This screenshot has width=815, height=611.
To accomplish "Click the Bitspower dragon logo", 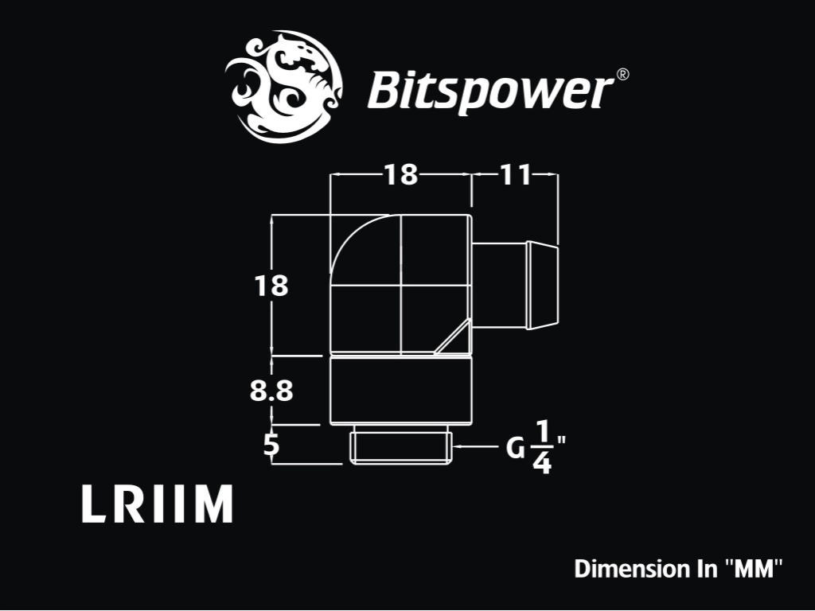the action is point(284,86).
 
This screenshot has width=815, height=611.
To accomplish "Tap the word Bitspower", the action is point(490,91).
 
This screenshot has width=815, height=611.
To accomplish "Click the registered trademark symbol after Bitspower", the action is point(622,74).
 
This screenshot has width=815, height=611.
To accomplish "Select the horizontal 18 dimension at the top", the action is point(401,174).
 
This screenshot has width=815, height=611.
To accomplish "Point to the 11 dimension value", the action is point(515,174).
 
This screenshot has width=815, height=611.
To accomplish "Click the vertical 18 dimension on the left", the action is point(271,286).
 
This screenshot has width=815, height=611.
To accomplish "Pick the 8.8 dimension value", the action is point(271,391).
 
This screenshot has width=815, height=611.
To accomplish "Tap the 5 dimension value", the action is point(271,445).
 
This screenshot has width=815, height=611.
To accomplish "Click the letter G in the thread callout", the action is point(516,448).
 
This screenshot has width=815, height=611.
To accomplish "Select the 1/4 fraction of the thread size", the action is point(541,447).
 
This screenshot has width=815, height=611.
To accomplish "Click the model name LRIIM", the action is point(157,504).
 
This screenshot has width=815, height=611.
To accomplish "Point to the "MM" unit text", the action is point(753,568).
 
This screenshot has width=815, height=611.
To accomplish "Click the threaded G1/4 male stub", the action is point(401,445).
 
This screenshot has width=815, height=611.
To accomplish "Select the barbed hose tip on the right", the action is point(542,285).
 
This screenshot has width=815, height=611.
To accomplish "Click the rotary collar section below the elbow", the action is point(401,390).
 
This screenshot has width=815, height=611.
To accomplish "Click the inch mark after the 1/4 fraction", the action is point(560,442).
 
